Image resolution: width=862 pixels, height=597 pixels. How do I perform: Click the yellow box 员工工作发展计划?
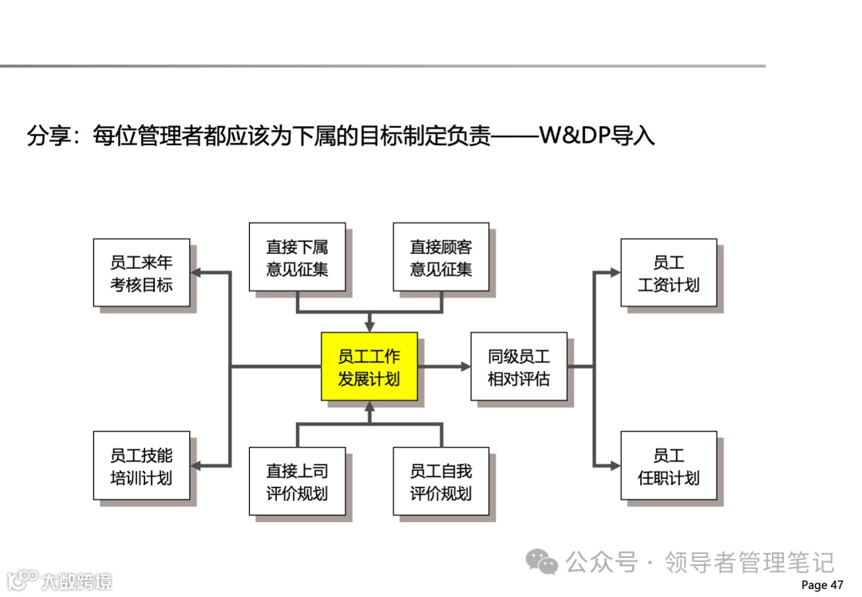tap(369, 366)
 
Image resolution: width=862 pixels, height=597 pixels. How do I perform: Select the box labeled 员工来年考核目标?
tap(141, 272)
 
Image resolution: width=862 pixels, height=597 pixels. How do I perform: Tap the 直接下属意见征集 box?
tap(297, 257)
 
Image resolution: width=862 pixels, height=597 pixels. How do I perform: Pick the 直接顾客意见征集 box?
tap(441, 257)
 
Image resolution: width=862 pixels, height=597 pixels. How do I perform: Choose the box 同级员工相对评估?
tap(519, 366)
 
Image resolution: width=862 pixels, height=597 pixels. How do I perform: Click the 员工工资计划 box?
tap(668, 272)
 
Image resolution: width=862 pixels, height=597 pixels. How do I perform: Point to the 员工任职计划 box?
tap(668, 465)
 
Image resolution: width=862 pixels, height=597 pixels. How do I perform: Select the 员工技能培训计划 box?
tap(141, 465)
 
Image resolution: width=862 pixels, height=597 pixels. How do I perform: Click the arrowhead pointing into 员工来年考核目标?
tap(196, 272)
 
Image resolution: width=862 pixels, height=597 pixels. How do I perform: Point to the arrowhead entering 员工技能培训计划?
tap(196, 465)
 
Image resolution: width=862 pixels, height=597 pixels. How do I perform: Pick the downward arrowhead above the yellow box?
tap(369, 326)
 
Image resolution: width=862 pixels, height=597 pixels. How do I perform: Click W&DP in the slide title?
tap(574, 136)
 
